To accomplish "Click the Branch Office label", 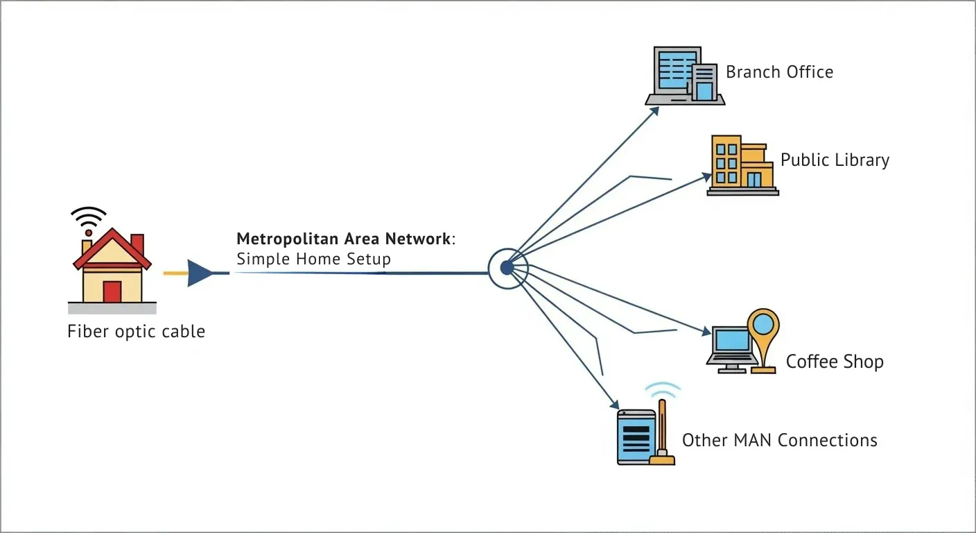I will point(779,72).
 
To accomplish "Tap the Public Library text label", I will point(835,160).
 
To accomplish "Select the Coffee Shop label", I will point(835,362).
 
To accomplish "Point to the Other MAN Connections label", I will point(779,440).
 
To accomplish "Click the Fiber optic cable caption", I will point(136,331).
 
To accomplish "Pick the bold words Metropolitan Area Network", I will point(343,239).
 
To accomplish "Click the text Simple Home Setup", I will point(313,260).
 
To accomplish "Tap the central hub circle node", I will point(507,267).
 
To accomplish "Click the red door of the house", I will point(112,291).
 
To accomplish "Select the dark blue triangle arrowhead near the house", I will point(200,273).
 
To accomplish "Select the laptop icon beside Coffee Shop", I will point(732,348).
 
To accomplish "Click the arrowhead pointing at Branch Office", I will point(654,111).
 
